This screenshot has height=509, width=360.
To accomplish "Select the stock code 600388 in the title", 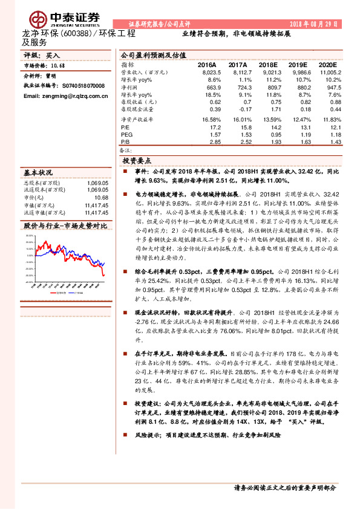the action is coord(79,33).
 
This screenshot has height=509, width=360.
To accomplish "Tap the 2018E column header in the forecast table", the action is coord(268,64).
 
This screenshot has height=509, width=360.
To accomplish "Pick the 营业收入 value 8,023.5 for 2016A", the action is coord(209,72).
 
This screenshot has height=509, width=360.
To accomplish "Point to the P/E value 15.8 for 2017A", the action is coord(240,128).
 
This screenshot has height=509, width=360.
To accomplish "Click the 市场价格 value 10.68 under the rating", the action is coord(58,65).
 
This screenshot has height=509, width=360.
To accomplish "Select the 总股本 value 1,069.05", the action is coord(96,182).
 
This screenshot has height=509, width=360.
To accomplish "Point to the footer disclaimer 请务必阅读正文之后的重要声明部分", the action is coord(283,488).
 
